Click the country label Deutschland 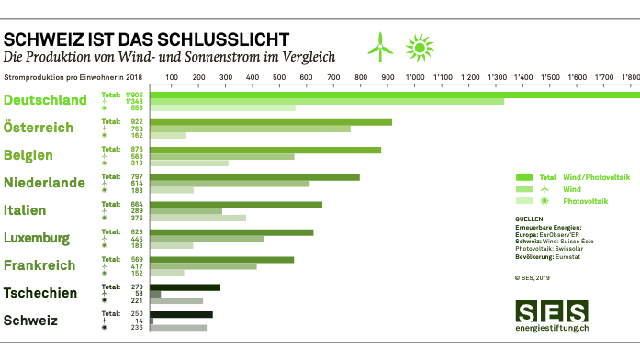(x=46, y=100)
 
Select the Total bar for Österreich (x=271, y=122)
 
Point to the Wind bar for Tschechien (x=156, y=294)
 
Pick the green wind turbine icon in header (x=380, y=45)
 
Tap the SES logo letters (x=551, y=312)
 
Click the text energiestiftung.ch (x=552, y=329)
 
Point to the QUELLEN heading (x=530, y=219)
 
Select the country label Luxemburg (x=37, y=239)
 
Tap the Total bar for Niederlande (x=255, y=177)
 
